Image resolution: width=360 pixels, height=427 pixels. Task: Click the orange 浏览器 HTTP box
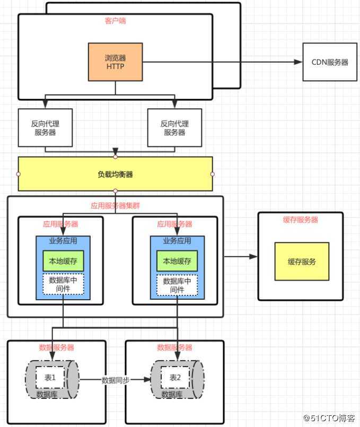[x=115, y=62]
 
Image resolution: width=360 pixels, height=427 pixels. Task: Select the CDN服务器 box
[x=329, y=62]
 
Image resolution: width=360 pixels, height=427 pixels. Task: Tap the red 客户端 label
[x=115, y=21]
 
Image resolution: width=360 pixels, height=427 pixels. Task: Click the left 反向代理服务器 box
[x=45, y=128]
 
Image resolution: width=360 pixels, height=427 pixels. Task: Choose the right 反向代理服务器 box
[x=174, y=128]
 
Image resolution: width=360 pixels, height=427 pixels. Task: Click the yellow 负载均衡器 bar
[x=115, y=174]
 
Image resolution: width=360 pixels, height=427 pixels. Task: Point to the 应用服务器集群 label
[x=115, y=205]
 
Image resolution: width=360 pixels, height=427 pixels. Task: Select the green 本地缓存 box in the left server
[x=63, y=261]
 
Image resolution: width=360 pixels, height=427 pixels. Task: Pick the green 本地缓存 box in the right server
[x=177, y=261]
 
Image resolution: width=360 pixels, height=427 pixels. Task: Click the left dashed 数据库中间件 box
[x=63, y=285]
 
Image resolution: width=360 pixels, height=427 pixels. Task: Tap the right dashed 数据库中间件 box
[x=177, y=285]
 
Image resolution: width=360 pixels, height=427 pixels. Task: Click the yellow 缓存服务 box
[x=302, y=262]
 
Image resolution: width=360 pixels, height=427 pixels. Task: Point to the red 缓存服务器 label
[x=300, y=220]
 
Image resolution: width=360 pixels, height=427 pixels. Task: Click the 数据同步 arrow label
[x=115, y=380]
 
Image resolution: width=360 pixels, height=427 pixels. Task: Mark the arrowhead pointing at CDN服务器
[x=298, y=62]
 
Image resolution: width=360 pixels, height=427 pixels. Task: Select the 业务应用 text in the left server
[x=63, y=241]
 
